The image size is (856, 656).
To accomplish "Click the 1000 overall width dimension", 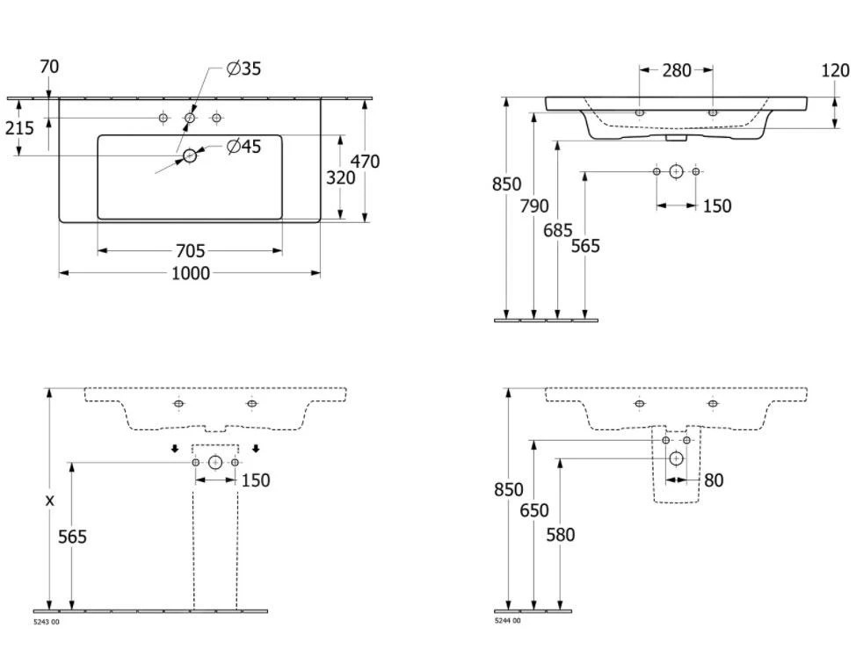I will (x=190, y=274).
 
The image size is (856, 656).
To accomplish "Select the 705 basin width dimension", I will (x=190, y=252).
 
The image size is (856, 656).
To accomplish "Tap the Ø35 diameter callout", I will (x=243, y=68).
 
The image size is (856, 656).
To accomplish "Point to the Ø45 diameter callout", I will (x=243, y=147).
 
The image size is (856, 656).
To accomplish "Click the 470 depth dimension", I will (x=365, y=162).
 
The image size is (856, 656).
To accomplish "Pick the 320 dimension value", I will (x=341, y=177).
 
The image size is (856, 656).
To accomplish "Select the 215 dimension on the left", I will (x=19, y=128).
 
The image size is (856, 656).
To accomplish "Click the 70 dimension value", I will (x=49, y=67).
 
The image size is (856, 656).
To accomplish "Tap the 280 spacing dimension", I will (x=676, y=70).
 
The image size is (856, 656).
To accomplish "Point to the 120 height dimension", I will (x=835, y=70).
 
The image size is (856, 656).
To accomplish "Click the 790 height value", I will (x=534, y=206).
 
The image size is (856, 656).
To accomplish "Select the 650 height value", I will (x=534, y=510).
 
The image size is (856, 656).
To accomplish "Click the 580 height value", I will (x=560, y=534).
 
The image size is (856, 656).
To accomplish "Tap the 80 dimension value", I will (x=714, y=481).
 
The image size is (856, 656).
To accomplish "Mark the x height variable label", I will (x=50, y=500).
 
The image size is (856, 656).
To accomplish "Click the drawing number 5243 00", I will (x=47, y=622).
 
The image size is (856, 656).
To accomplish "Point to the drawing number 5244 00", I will (x=507, y=621).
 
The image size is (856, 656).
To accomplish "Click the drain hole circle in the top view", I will (x=190, y=155).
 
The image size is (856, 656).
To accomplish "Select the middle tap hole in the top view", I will (x=190, y=118).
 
